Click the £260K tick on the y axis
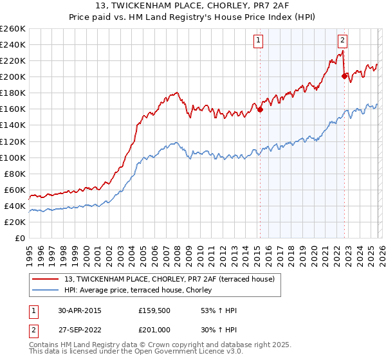point(13,29)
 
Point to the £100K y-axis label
point(13,157)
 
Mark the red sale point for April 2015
point(260,109)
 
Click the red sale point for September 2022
point(344,76)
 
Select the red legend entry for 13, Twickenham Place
point(170,278)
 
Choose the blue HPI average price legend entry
point(142,290)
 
